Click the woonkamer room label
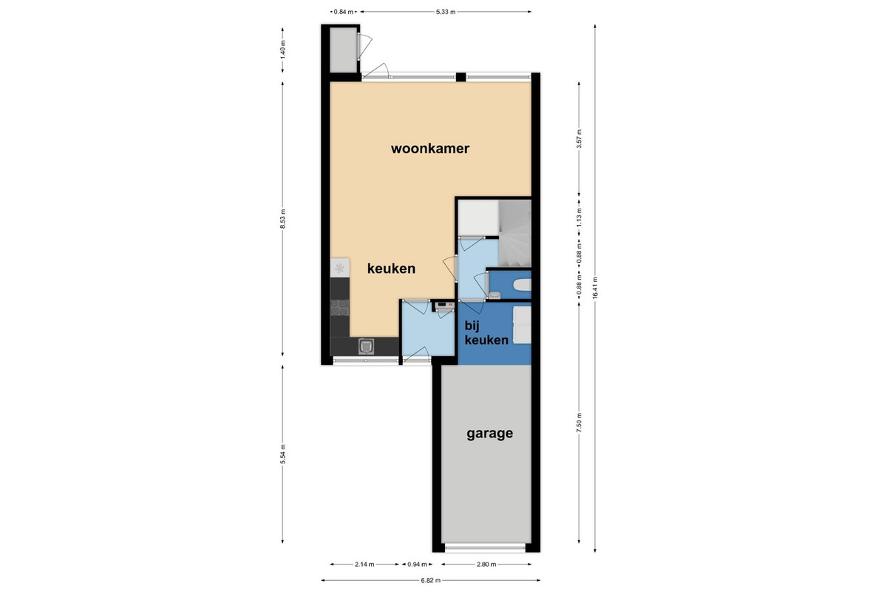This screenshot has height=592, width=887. [x=430, y=149]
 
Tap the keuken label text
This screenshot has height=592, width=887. [x=391, y=269]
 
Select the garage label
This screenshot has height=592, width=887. [x=489, y=434]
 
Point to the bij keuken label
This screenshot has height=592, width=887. [x=486, y=333]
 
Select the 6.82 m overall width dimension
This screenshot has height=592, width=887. [x=430, y=580]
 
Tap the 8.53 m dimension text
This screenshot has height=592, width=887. [x=282, y=219]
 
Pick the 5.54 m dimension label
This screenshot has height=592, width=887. [x=282, y=454]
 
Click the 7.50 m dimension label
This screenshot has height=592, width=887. [x=579, y=423]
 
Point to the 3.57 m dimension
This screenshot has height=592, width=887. [x=579, y=139]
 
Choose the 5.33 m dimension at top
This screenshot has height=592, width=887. [x=446, y=12]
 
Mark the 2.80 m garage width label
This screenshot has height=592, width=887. [x=486, y=564]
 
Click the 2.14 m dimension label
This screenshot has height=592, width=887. [x=364, y=564]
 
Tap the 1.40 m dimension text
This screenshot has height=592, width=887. [x=282, y=50]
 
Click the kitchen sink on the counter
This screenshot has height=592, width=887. [x=366, y=346]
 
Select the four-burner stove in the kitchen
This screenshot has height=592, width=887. [x=339, y=308]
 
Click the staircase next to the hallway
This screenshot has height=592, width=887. [x=514, y=233]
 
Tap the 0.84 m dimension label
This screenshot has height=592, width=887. [x=343, y=12]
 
